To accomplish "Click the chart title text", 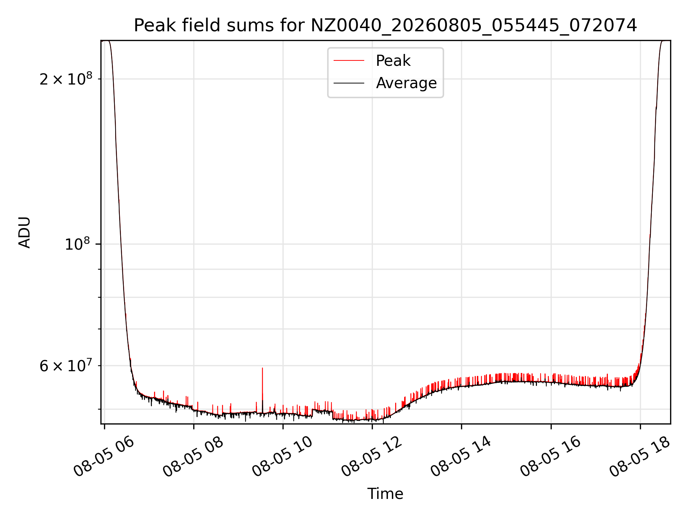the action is (x=385, y=26).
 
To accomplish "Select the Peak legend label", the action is (x=393, y=61).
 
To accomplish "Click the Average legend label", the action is (x=406, y=83).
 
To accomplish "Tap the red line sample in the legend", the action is (x=349, y=61).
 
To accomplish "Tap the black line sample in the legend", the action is (x=349, y=83).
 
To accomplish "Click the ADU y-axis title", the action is (x=24, y=232).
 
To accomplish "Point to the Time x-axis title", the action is (x=385, y=494).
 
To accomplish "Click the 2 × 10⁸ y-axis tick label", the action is (x=66, y=79).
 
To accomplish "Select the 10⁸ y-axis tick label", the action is (x=77, y=244).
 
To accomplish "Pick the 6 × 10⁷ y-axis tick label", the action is (x=66, y=366).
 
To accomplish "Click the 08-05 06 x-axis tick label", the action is (x=104, y=456).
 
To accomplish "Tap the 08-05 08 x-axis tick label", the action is (x=193, y=456).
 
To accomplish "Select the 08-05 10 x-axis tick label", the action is (x=283, y=456).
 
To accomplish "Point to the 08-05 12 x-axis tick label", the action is (x=372, y=456).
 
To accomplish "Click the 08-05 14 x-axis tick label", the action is (x=461, y=456).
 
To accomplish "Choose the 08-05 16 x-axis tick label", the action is (x=551, y=456).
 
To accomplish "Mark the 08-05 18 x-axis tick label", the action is (x=640, y=456).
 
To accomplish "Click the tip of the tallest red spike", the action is (x=262, y=368).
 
